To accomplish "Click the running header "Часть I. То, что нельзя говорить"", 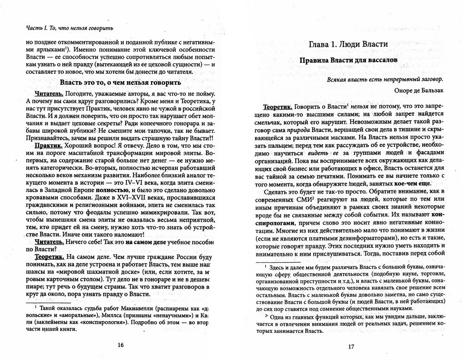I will point(64,28).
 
